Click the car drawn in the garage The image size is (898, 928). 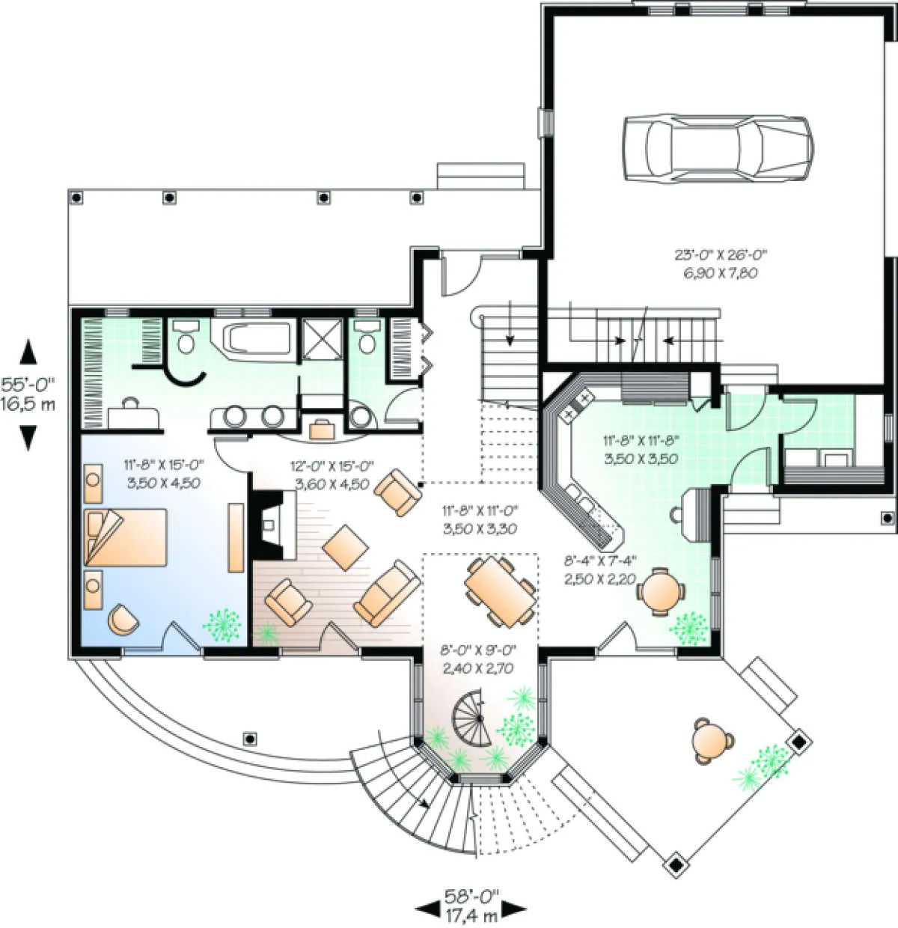click(718, 148)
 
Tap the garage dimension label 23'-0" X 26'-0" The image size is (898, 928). click(720, 254)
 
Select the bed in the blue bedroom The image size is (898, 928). click(126, 537)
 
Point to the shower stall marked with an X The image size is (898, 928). click(323, 339)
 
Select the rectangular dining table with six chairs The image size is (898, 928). click(500, 592)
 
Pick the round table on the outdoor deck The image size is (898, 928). click(711, 742)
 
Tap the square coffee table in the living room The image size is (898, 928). click(345, 548)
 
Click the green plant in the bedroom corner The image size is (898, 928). click(222, 625)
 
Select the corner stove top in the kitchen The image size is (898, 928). click(577, 406)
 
